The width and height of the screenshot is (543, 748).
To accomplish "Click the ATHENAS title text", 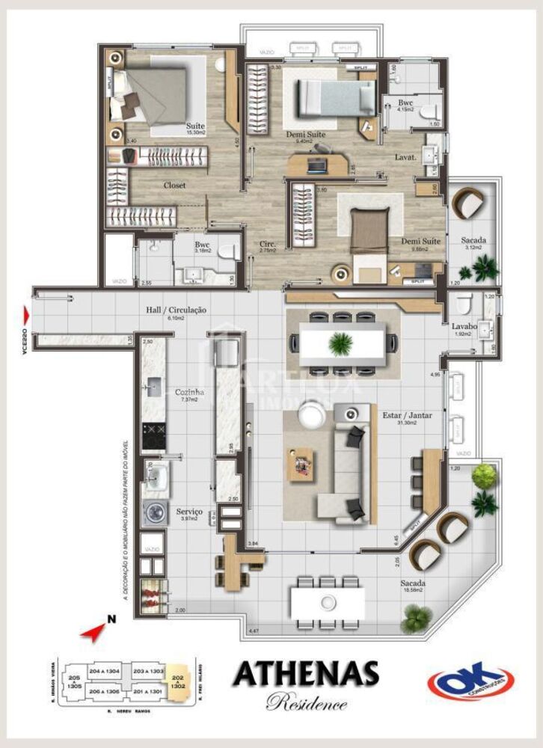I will click(x=305, y=673).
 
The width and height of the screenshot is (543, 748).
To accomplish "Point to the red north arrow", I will click(x=94, y=631).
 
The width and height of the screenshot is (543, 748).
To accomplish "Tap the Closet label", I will click(x=174, y=185).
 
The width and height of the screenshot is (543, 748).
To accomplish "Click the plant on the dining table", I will click(x=340, y=343).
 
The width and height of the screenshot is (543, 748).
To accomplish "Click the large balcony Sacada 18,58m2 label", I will click(x=414, y=583).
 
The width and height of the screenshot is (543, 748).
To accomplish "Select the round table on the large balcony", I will click(x=328, y=602).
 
